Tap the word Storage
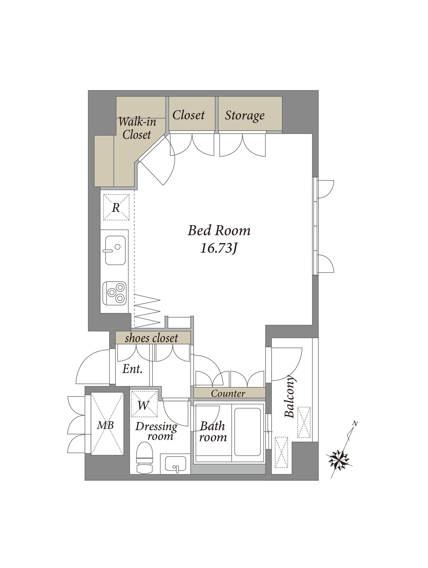245,115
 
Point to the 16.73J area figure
218,248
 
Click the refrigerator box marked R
116,207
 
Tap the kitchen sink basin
115,250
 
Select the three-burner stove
115,293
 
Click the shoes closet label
151,338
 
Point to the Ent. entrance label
132,369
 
